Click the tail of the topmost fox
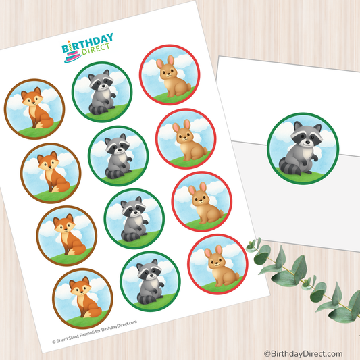coord(44,123)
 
